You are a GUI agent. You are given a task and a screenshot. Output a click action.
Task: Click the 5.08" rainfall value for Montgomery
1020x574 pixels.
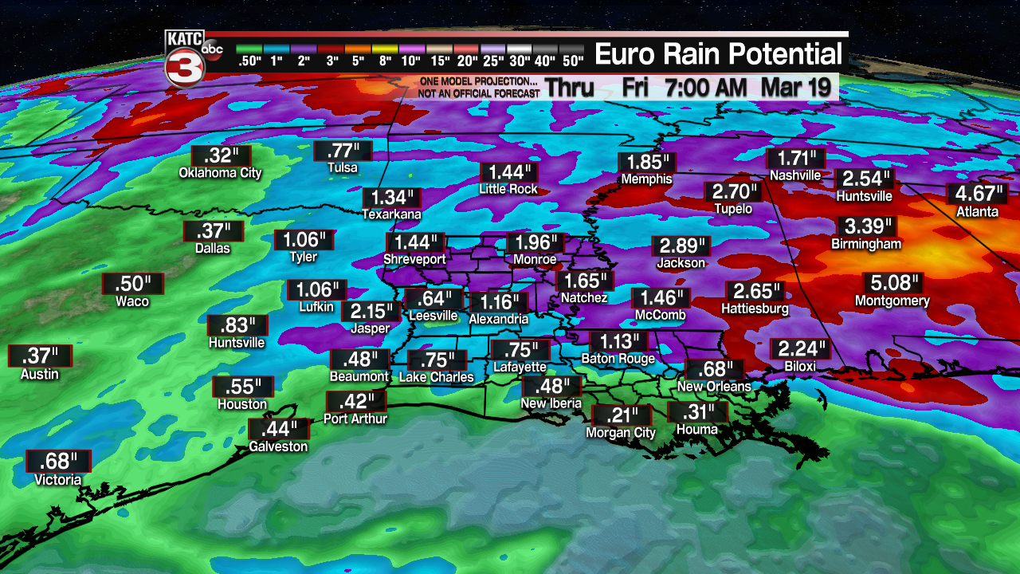[892, 283]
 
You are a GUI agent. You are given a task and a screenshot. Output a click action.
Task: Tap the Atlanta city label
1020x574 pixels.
[977, 212]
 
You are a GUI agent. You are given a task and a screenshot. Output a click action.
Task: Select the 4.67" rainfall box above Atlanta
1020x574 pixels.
[977, 194]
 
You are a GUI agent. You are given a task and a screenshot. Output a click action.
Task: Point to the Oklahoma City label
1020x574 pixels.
[220, 173]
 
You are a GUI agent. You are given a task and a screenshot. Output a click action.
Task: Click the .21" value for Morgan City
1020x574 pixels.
[622, 415]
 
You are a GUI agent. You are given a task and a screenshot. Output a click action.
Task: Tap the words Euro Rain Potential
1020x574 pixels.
[719, 54]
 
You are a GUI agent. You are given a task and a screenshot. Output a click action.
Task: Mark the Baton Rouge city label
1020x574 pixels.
[618, 359]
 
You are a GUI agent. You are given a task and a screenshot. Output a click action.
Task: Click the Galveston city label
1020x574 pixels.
[278, 446]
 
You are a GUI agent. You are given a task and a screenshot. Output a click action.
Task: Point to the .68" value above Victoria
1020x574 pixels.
[58, 461]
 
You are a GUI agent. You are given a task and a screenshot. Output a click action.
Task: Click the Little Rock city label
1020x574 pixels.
[508, 190]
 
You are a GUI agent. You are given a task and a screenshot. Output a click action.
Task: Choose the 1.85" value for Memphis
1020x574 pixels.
[646, 161]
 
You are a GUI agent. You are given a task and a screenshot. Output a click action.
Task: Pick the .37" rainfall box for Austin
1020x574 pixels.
[40, 356]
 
